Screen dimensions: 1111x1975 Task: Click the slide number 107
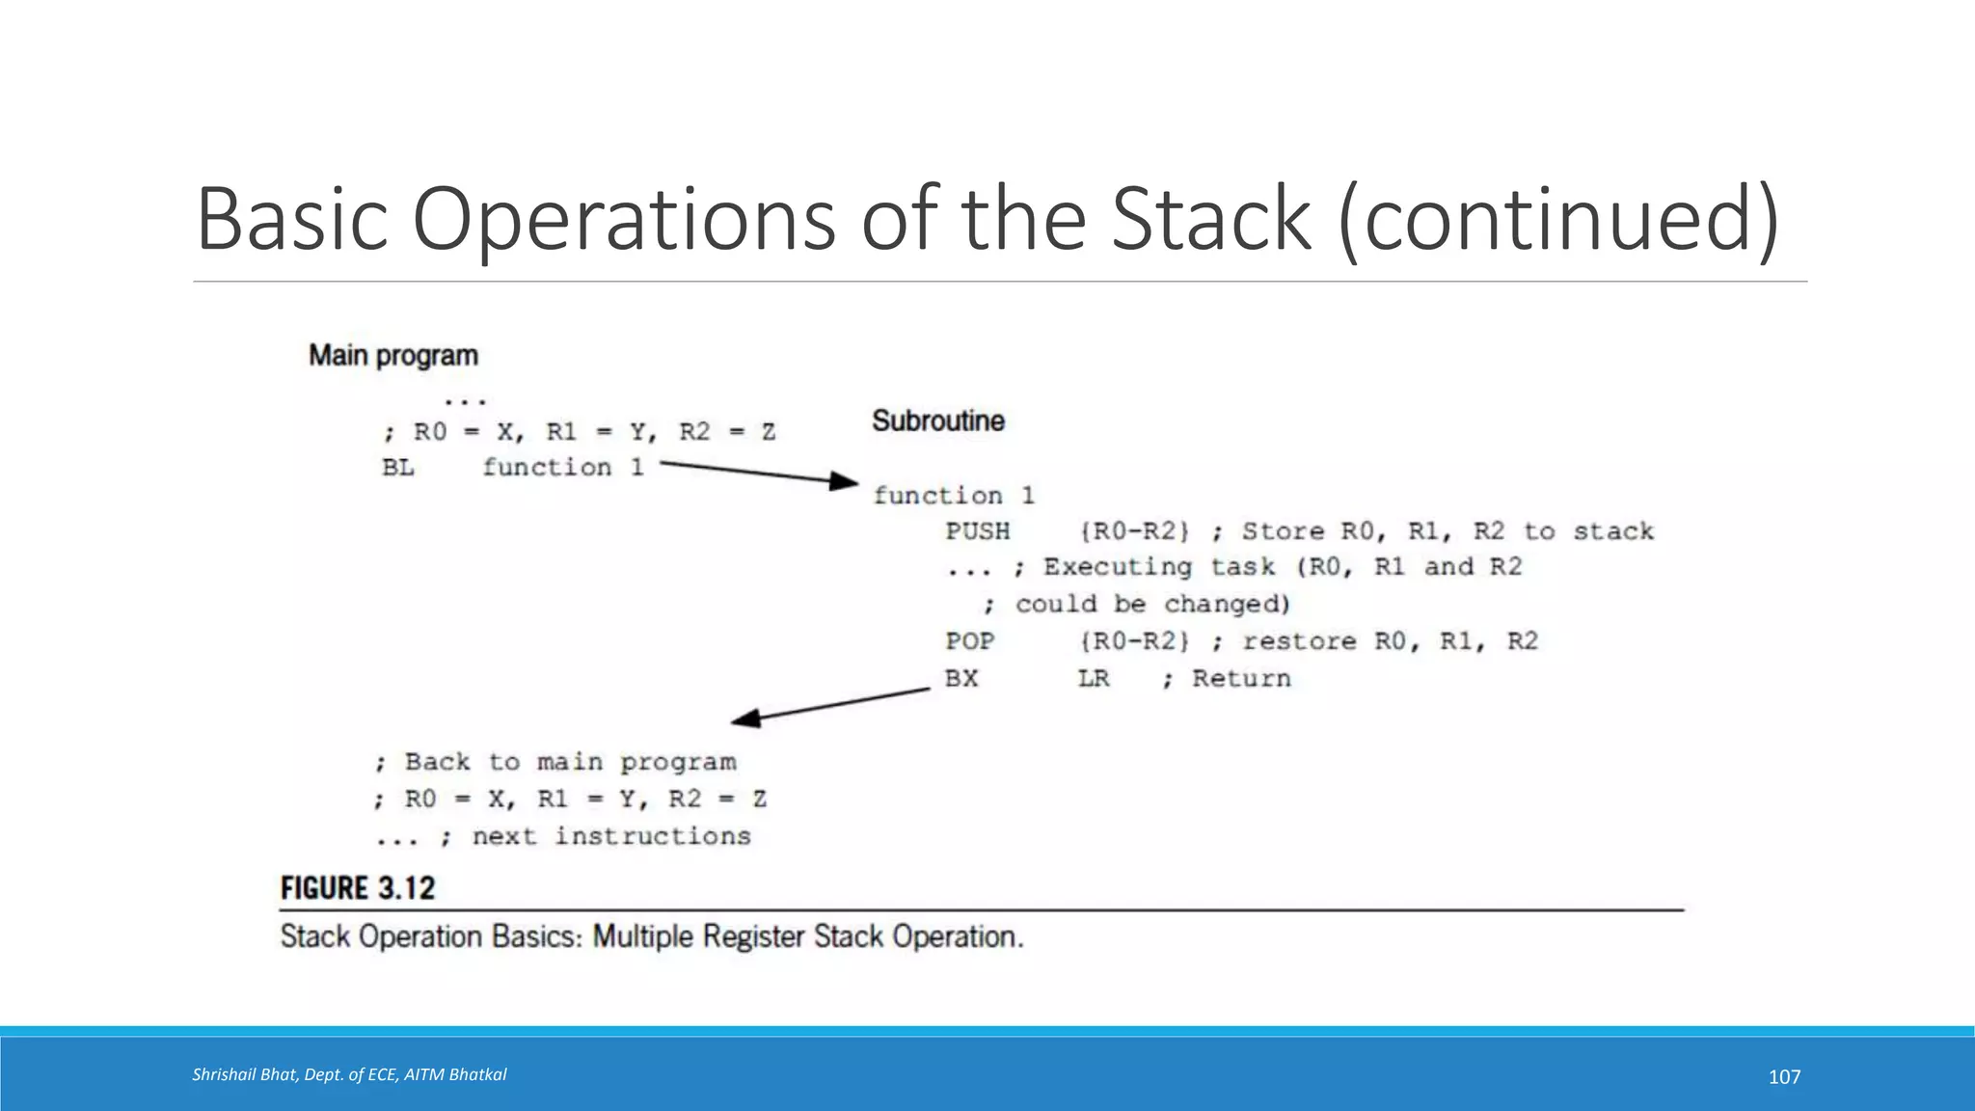point(1784,1077)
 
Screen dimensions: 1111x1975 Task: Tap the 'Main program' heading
point(393,356)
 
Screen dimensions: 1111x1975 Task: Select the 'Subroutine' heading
point(938,421)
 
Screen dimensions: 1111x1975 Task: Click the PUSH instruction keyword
point(978,531)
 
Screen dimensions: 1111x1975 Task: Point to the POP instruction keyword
point(970,641)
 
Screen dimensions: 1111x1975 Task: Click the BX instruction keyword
point(961,679)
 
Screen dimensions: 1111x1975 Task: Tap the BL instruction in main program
point(398,468)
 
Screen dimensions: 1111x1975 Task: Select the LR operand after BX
point(1094,679)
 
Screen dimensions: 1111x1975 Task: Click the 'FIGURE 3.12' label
point(358,888)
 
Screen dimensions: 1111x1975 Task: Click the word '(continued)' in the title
point(1558,220)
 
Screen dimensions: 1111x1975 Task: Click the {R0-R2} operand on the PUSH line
point(1135,531)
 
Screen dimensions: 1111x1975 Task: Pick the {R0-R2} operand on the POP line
point(1135,641)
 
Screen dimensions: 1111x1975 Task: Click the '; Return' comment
point(1227,679)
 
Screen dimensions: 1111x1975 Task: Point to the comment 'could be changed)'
point(1152,605)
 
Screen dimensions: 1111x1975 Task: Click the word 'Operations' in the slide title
point(624,220)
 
